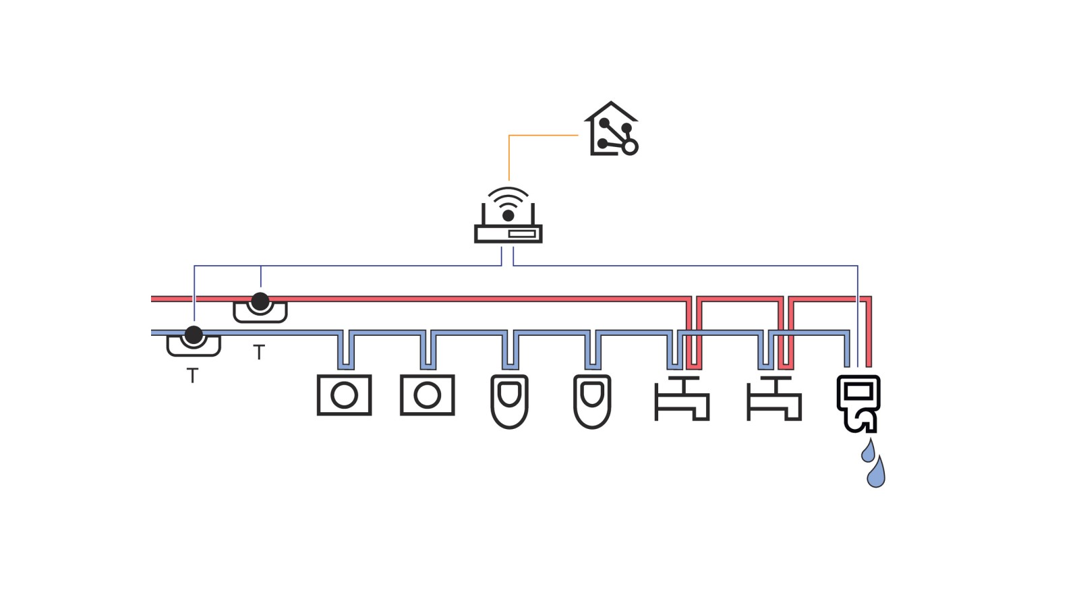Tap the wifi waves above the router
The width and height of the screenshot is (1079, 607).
508,197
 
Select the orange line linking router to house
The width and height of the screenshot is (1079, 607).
539,136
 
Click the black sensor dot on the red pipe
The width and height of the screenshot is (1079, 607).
260,301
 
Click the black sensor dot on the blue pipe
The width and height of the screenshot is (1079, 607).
194,335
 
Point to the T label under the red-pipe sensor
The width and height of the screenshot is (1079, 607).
259,352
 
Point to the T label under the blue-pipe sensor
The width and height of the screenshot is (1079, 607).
192,376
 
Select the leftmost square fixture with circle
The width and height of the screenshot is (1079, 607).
344,395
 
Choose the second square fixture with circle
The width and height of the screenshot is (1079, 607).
427,395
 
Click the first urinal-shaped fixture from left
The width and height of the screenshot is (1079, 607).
509,401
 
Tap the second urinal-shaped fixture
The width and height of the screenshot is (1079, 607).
592,401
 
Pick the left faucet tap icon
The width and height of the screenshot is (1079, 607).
681,399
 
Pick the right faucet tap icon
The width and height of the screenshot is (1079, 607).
774,399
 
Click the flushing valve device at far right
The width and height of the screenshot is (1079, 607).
858,402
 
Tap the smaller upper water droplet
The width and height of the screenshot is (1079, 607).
869,451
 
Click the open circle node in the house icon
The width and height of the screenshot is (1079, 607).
630,147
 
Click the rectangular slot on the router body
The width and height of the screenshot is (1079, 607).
522,233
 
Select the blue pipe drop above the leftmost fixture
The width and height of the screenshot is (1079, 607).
345,351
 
